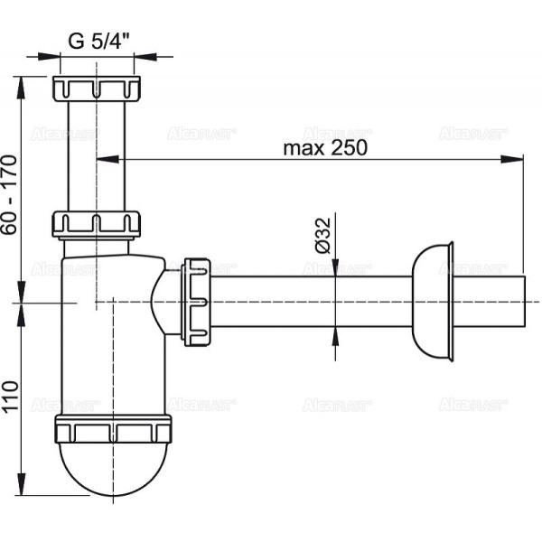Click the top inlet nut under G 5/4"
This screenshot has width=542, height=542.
96,89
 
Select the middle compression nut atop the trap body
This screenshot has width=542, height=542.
96,223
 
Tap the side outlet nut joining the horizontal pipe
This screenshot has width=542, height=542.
196,301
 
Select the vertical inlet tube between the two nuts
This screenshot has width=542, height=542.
96,154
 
